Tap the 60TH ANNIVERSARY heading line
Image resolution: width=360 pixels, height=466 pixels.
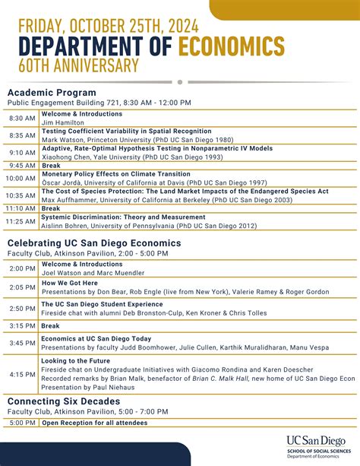[74, 66]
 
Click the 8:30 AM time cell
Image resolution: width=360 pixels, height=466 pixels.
[22, 119]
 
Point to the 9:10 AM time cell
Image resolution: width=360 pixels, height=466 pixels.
[22, 152]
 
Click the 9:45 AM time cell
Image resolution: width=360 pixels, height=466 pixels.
[22, 165]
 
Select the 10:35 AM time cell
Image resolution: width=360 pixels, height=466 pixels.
[22, 195]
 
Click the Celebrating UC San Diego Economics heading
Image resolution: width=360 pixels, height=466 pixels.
[94, 243]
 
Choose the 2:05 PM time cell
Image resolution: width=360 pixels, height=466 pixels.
[22, 287]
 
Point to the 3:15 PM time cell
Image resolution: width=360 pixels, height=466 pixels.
[22, 325]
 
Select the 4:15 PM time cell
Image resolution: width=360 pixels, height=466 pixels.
[22, 374]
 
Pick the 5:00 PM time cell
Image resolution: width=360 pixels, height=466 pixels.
[22, 423]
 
